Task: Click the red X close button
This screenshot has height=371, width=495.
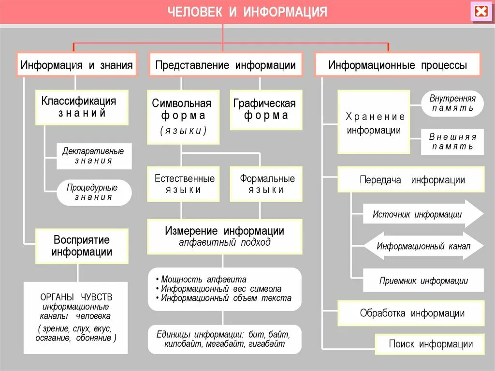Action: tap(481, 12)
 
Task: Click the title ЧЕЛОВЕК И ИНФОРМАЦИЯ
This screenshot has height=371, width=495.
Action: tap(247, 12)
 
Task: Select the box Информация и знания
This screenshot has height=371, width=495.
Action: tap(77, 65)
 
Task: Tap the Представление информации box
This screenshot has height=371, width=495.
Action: tap(225, 65)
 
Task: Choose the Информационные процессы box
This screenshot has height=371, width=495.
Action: tap(397, 65)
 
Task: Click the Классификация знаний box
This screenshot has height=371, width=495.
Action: tap(82, 107)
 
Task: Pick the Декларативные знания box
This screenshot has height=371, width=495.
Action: tap(93, 156)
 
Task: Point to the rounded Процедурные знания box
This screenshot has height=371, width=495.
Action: tap(93, 193)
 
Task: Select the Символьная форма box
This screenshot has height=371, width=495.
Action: tap(182, 116)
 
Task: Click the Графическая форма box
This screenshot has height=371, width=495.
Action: tap(265, 110)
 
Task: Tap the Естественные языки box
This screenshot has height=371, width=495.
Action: tap(184, 184)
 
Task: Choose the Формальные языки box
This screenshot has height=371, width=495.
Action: tap(266, 184)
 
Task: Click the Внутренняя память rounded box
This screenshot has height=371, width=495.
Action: tap(452, 103)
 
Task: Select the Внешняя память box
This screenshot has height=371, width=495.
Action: tap(452, 142)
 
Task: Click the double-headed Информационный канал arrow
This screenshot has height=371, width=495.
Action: tap(423, 246)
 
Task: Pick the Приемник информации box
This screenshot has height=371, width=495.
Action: tap(423, 281)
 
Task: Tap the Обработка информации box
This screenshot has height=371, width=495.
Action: tap(411, 313)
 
